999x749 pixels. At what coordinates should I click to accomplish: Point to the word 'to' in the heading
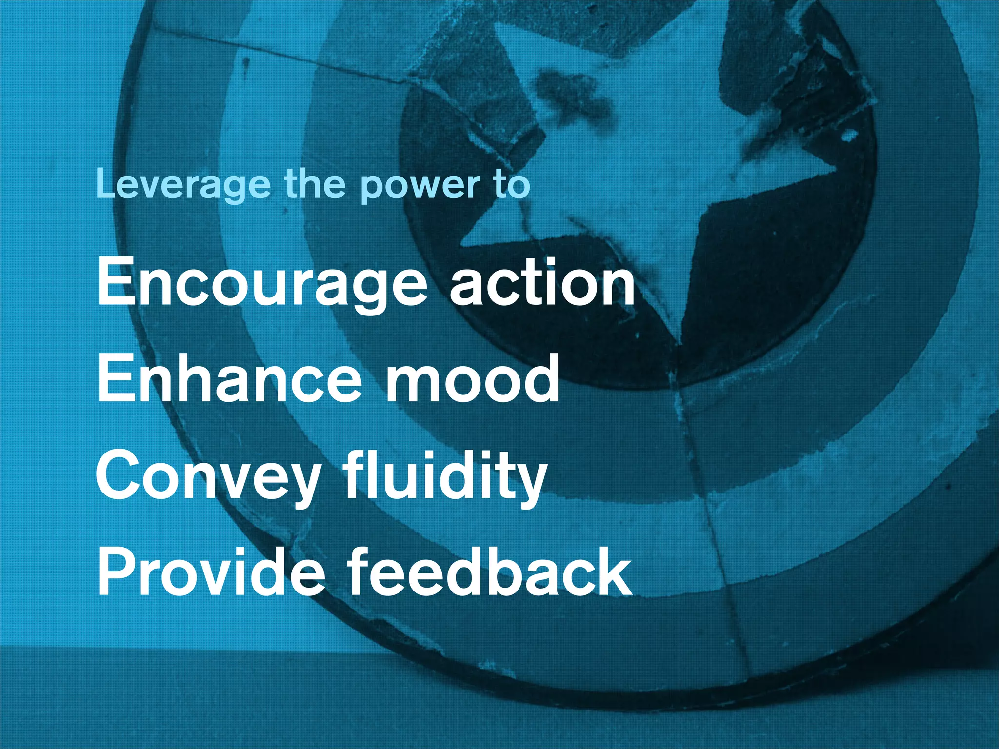click(x=511, y=184)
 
